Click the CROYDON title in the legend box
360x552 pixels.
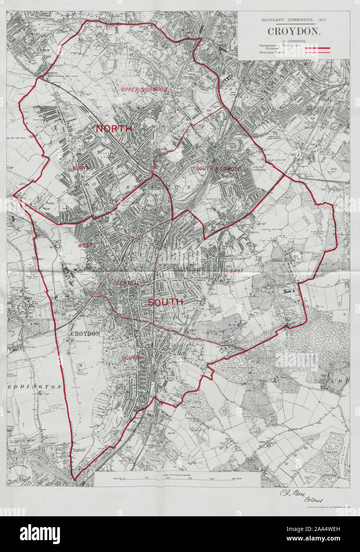tap(294, 31)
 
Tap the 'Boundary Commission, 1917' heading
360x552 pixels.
tap(294, 19)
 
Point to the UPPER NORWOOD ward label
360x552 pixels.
tap(144, 90)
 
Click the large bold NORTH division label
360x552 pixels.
tap(114, 129)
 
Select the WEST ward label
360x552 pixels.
tap(85, 246)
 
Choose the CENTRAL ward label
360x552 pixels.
tap(128, 283)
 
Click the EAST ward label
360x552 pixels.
tap(237, 271)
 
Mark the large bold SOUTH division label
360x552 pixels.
tap(166, 302)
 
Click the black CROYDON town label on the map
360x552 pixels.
tap(85, 334)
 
